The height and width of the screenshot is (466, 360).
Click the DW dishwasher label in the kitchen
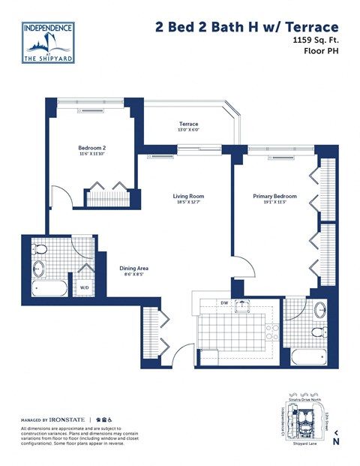[x=223, y=302]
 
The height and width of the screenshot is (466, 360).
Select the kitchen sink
[x=243, y=305]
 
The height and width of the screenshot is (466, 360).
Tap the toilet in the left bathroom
[x=40, y=248]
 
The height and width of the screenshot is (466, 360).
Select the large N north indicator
[x=335, y=441]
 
